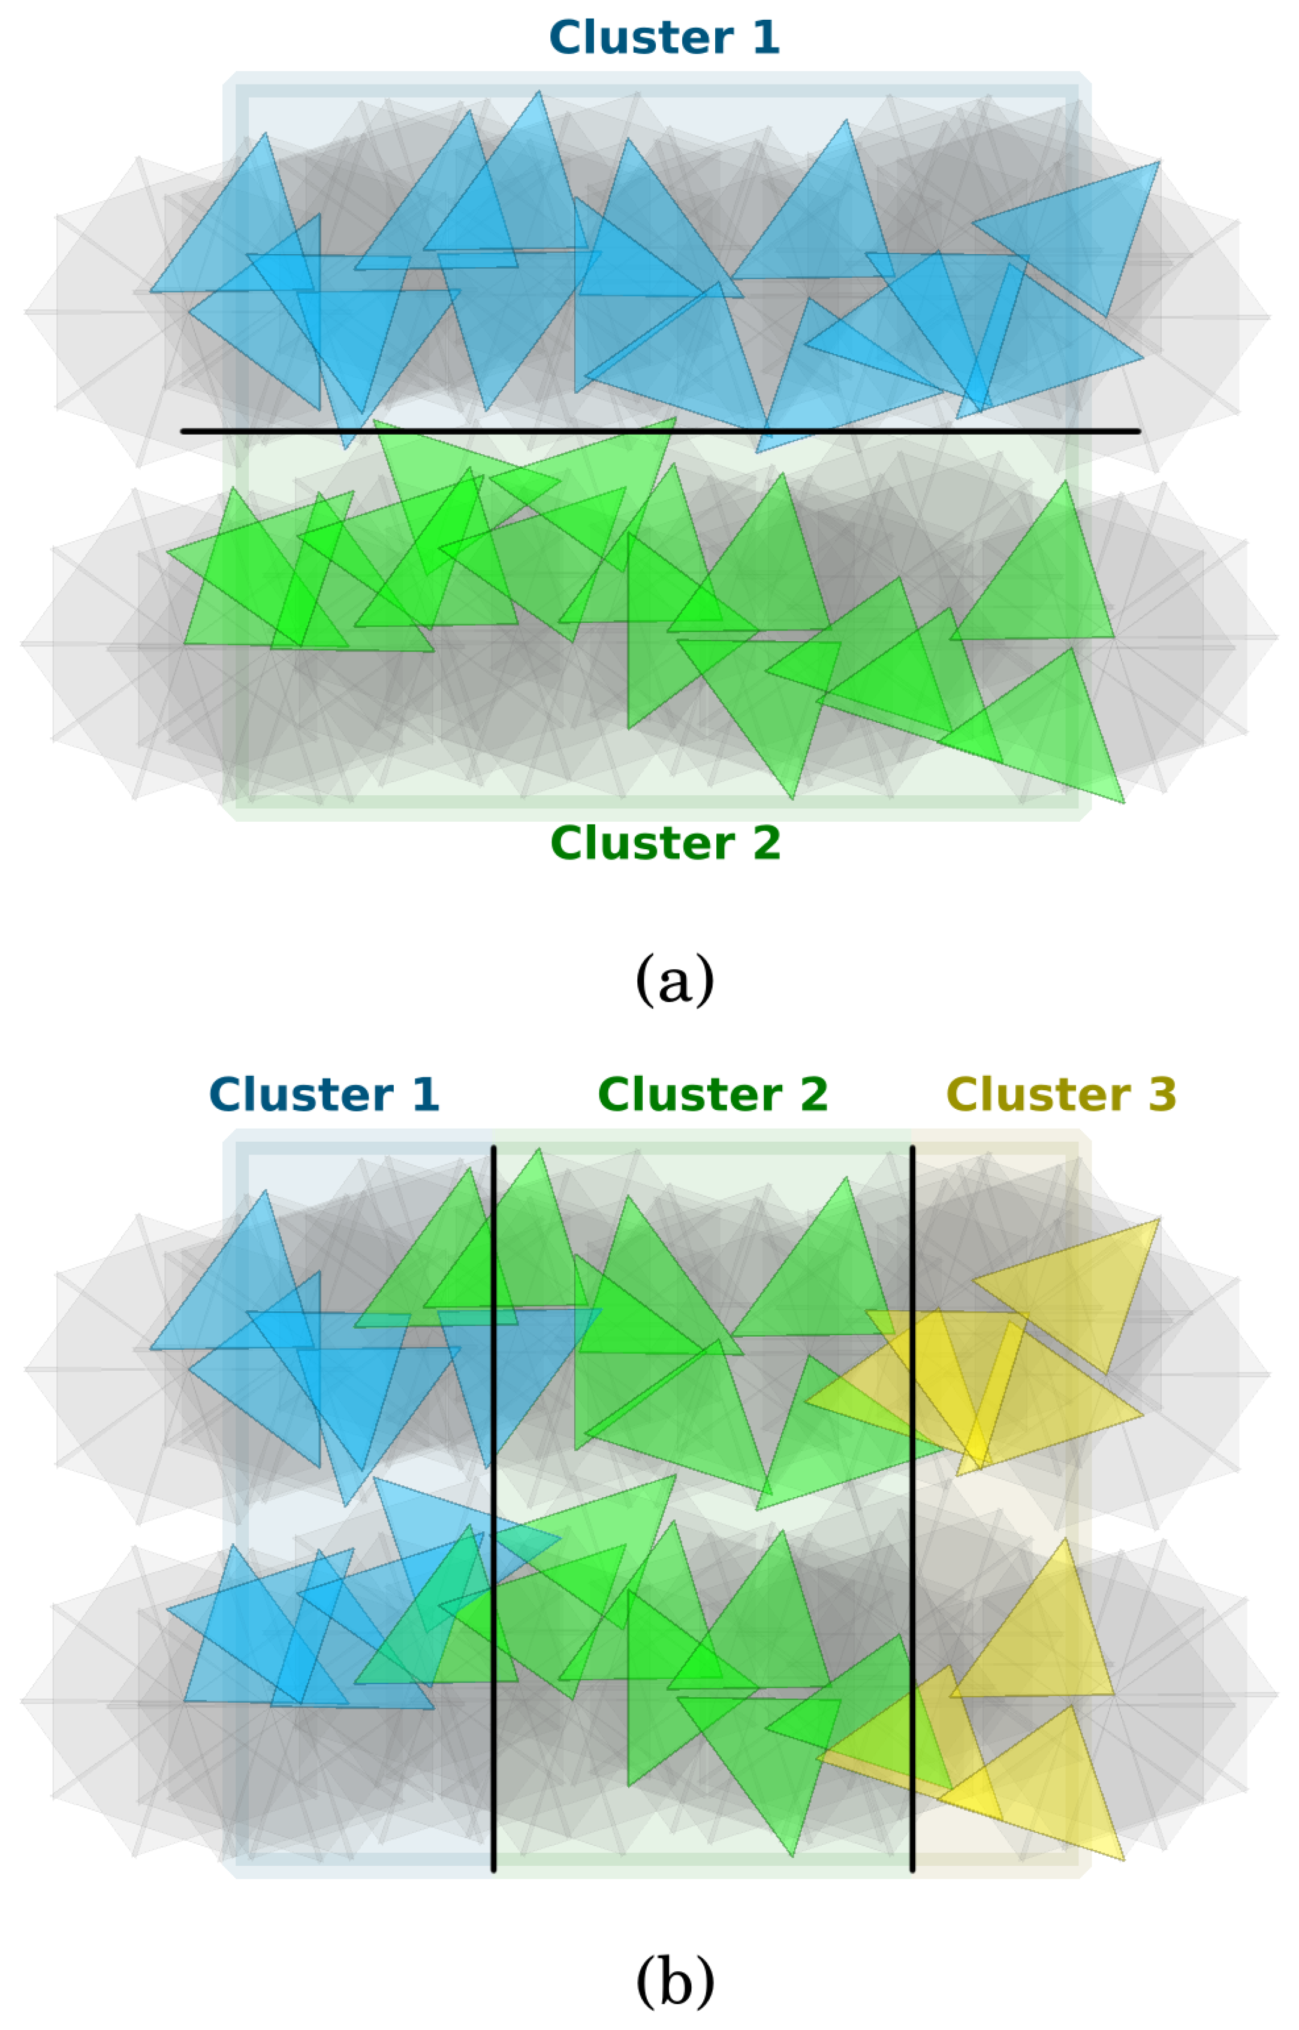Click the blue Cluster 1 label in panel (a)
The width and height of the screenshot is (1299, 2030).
664,38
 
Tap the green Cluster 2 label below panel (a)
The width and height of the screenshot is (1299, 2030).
665,843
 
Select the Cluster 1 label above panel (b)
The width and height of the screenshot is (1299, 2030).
324,1094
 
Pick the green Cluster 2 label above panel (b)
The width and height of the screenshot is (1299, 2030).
713,1094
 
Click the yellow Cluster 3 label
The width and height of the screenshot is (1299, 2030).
1061,1094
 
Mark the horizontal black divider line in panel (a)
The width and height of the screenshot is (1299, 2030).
658,431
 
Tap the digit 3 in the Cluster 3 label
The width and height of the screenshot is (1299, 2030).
1162,1094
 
